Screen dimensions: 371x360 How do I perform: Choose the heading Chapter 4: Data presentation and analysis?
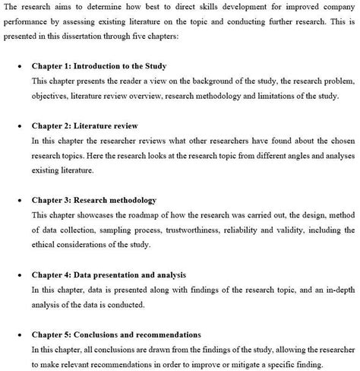(109, 274)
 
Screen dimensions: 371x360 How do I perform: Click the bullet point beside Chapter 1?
(18, 66)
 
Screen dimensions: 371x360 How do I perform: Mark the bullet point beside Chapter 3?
(18, 200)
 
